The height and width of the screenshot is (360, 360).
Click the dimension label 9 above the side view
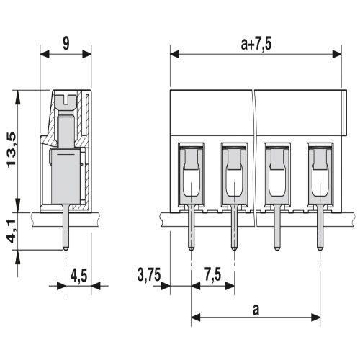pyautogui.click(x=66, y=43)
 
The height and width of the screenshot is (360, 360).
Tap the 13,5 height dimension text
pyautogui.click(x=12, y=150)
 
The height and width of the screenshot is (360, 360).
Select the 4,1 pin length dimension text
pyautogui.click(x=12, y=231)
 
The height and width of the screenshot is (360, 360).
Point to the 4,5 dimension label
pyautogui.click(x=79, y=275)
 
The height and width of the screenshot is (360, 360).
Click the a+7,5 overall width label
pyautogui.click(x=256, y=44)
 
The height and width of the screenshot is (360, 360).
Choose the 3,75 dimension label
pyautogui.click(x=149, y=275)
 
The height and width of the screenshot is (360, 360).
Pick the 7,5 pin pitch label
pyautogui.click(x=212, y=275)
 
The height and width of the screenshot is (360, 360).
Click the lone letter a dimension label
pyautogui.click(x=256, y=310)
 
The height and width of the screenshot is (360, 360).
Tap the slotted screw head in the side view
pyautogui.click(x=66, y=102)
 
